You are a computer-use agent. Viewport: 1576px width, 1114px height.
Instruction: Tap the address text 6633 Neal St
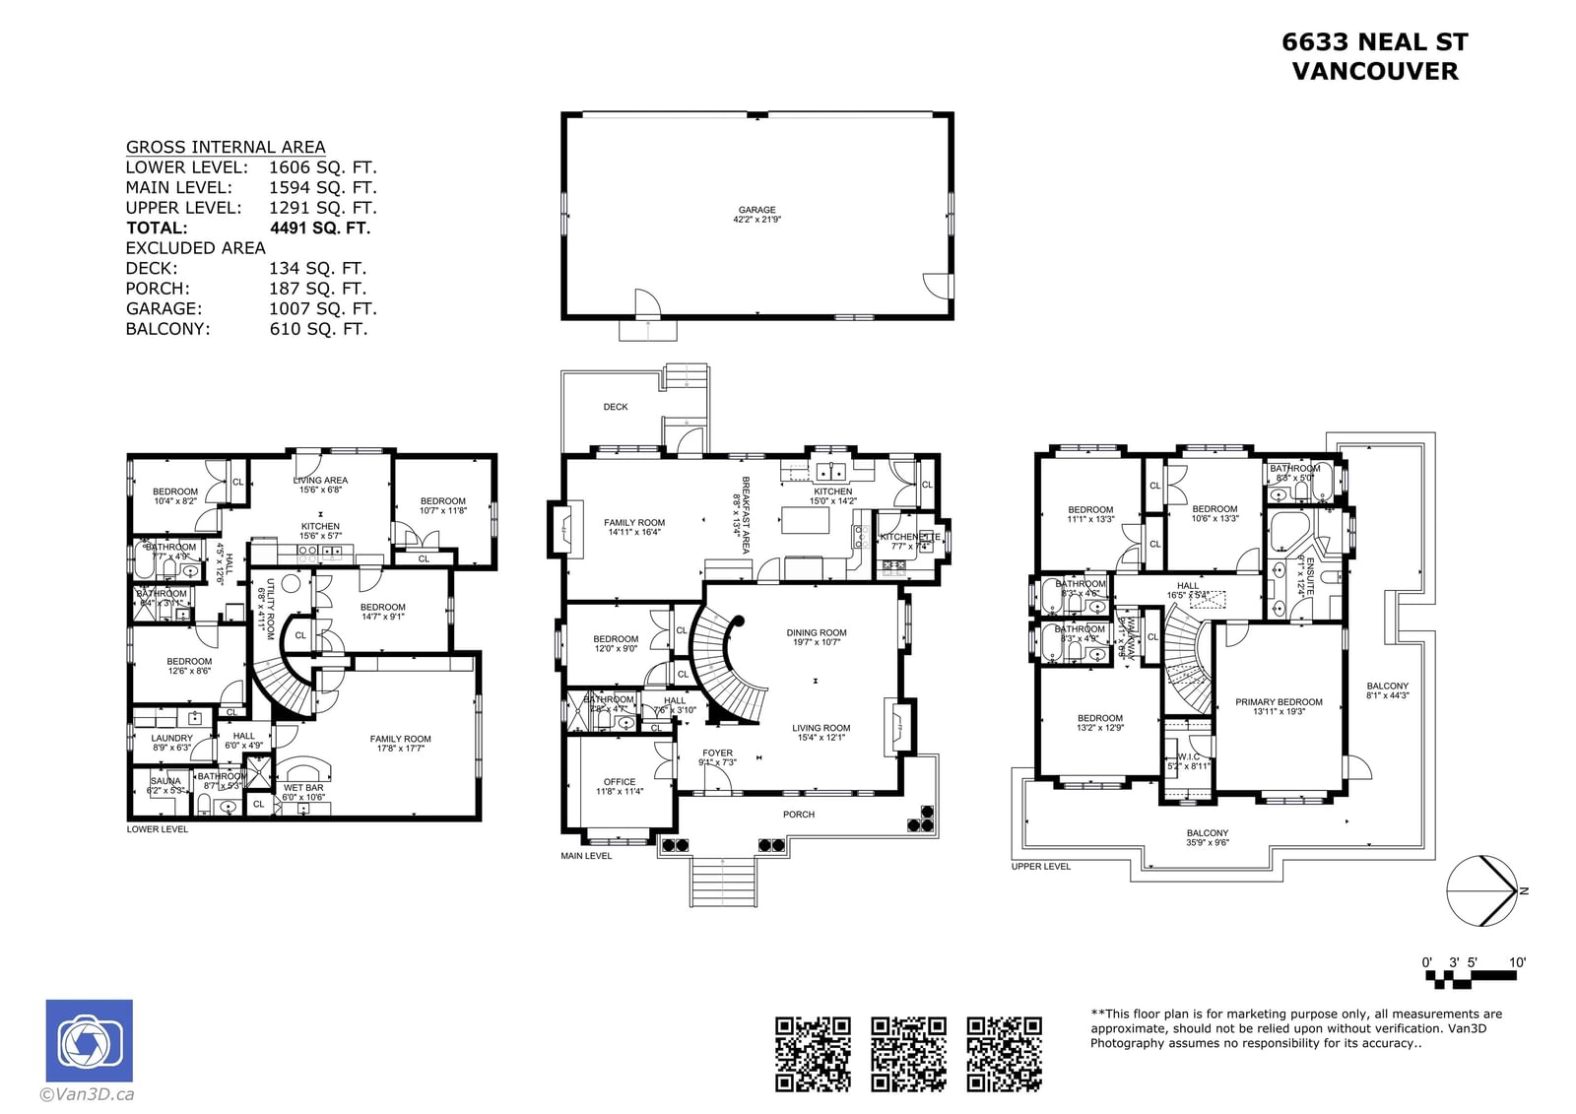(x=1374, y=42)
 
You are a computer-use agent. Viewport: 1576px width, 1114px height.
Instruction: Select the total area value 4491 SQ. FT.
(x=320, y=228)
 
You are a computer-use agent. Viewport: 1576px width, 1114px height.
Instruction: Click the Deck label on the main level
(x=616, y=407)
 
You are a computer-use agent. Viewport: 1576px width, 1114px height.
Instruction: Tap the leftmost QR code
(x=813, y=1054)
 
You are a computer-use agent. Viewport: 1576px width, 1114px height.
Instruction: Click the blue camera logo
(x=89, y=1041)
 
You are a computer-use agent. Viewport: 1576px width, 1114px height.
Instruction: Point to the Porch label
(x=799, y=815)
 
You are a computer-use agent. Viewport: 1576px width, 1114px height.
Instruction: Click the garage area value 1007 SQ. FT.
(x=322, y=308)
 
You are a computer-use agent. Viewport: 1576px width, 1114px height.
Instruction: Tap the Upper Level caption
(x=1040, y=867)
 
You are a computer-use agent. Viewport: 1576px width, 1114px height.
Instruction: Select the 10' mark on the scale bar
(x=1516, y=962)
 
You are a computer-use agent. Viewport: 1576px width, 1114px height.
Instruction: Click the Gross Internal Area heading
(x=225, y=147)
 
